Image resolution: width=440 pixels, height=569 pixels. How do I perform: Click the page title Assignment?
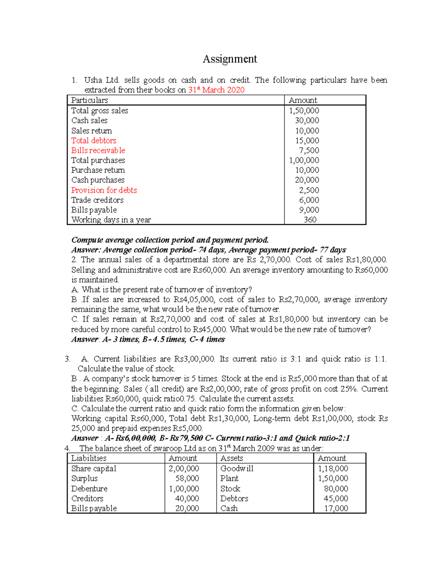(x=230, y=59)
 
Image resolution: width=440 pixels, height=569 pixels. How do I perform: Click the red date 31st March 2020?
(x=216, y=90)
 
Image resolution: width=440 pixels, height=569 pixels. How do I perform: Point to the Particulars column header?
(x=89, y=100)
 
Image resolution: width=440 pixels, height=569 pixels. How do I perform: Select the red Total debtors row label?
(x=93, y=141)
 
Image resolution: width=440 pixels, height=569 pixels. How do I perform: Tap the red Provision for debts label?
(x=104, y=190)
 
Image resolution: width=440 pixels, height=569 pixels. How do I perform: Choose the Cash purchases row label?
(x=98, y=180)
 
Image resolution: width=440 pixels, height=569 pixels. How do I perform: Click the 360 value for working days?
(x=310, y=220)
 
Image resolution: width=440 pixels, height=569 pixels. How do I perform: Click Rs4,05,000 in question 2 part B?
(x=194, y=300)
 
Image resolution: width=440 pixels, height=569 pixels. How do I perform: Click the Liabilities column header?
(x=89, y=458)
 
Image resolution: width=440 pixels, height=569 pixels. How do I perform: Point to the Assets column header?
(x=232, y=458)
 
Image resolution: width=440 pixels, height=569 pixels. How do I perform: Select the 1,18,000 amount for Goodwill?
(x=333, y=469)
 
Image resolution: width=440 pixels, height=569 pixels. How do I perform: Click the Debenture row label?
(x=89, y=489)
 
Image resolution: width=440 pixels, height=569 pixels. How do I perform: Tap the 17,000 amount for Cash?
(x=336, y=509)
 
